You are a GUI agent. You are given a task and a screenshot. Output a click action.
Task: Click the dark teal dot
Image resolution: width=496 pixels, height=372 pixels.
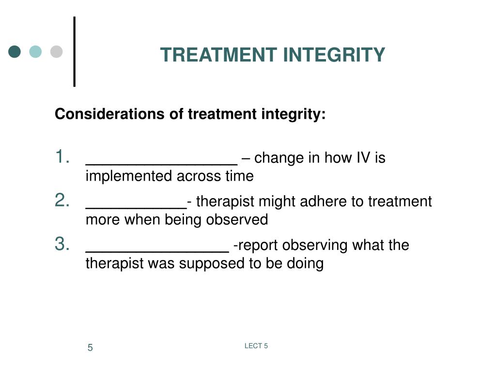pos(15,51)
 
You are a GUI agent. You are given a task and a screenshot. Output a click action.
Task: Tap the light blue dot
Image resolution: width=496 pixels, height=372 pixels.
pos(35,51)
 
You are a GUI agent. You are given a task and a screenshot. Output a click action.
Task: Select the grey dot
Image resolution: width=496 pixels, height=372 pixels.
pos(57,51)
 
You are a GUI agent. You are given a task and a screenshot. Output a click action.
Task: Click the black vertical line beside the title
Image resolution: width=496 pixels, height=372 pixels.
pos(75,52)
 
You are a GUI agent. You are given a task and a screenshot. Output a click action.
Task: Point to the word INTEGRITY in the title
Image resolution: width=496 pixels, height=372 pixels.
pos(334,55)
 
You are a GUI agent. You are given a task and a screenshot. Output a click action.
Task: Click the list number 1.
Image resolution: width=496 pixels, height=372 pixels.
pos(62,157)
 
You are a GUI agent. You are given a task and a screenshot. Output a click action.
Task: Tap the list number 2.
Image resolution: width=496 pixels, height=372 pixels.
pos(62,201)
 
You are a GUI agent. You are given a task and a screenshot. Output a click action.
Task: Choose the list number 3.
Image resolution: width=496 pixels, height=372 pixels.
pos(62,244)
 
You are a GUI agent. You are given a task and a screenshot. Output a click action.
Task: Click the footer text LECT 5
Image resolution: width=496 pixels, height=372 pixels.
pos(256,346)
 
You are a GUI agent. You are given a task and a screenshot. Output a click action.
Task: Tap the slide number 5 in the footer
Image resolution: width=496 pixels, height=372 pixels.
pos(90,348)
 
